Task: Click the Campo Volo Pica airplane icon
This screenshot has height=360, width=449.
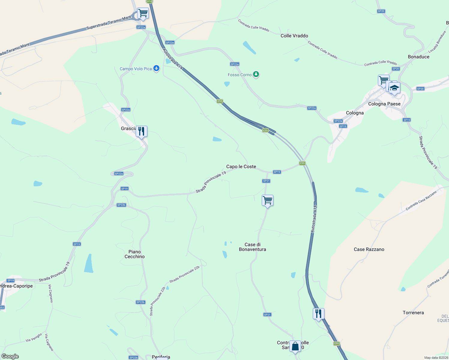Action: tap(156, 68)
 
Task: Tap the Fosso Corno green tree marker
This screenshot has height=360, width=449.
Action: tap(256, 74)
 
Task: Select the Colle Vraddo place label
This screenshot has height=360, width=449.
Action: tap(294, 36)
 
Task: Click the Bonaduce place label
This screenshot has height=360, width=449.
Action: tap(418, 57)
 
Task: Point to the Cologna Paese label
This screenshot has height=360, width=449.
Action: tap(384, 104)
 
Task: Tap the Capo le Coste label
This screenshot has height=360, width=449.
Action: tap(241, 166)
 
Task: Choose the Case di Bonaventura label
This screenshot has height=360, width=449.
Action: tap(252, 247)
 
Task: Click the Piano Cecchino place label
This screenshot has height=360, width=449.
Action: tap(134, 254)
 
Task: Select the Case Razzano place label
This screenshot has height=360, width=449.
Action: tap(369, 249)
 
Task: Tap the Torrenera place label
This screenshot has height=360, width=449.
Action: tap(413, 313)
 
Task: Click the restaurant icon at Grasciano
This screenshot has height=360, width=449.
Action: tap(141, 131)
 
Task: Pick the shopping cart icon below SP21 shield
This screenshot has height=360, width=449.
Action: tap(267, 200)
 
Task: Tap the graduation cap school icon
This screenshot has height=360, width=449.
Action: tap(394, 88)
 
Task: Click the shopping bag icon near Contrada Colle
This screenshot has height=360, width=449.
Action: tap(295, 346)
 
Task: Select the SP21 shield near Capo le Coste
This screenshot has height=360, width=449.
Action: tap(266, 181)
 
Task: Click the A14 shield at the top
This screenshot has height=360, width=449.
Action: tap(149, 1)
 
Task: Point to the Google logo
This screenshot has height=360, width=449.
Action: tap(10, 356)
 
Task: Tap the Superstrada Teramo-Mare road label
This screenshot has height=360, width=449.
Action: tap(109, 23)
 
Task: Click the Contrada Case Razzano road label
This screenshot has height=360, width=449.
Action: tap(421, 200)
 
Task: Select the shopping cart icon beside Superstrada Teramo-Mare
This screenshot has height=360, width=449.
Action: tap(143, 13)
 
